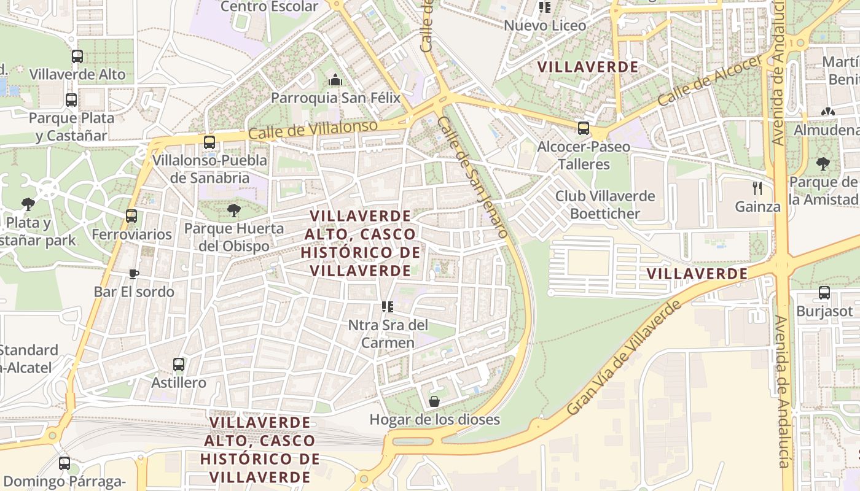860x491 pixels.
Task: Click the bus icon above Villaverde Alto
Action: tap(77, 56)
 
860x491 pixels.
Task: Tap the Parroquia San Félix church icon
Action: tap(335, 80)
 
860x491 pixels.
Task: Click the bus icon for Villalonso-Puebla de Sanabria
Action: tap(209, 142)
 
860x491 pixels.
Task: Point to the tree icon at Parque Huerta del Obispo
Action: tap(233, 211)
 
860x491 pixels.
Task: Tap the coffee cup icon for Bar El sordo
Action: tap(134, 274)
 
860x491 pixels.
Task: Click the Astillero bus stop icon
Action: tap(179, 365)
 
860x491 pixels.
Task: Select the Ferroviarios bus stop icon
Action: tap(131, 216)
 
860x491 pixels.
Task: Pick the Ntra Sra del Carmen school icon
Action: tap(387, 306)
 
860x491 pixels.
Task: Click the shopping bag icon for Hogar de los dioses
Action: tap(434, 401)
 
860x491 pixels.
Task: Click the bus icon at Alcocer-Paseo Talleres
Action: tap(584, 128)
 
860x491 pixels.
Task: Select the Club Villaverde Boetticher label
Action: tap(605, 205)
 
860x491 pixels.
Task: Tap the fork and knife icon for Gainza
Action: tap(757, 188)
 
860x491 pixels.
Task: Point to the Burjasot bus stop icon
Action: tap(824, 293)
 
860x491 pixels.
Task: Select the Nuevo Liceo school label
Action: tap(545, 26)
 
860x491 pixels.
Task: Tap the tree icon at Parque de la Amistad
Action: tap(823, 163)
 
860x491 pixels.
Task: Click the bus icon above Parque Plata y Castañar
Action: tap(71, 99)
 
